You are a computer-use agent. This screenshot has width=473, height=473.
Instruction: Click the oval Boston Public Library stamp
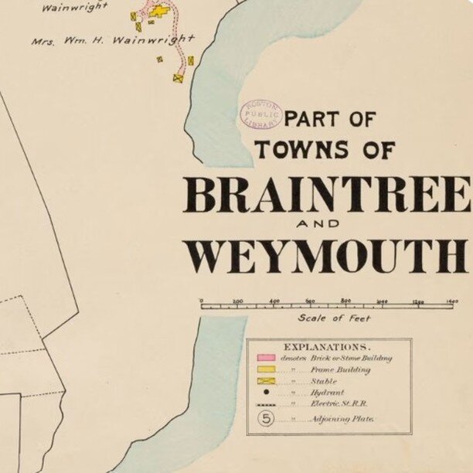click(x=259, y=114)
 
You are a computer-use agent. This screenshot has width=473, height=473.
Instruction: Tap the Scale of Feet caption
click(x=334, y=318)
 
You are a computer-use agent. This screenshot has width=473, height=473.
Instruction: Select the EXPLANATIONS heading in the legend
click(x=327, y=347)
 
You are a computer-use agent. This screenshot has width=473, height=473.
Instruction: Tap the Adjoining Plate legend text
click(x=342, y=419)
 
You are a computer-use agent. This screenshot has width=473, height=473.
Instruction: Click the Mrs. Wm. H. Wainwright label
click(x=113, y=39)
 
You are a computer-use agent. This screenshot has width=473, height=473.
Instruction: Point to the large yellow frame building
click(x=158, y=12)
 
